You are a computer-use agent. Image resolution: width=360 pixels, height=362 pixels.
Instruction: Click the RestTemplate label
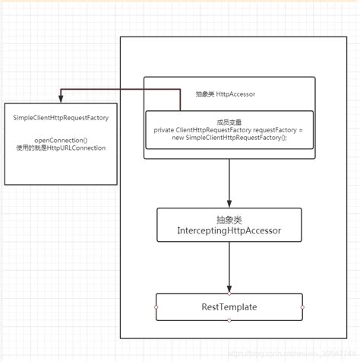click(229, 306)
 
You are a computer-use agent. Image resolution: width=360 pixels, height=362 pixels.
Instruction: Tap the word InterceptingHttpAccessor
click(229, 230)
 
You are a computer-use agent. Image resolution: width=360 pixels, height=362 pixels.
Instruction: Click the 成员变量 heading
click(229, 121)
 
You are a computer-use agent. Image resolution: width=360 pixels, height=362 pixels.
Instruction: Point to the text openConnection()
click(60, 139)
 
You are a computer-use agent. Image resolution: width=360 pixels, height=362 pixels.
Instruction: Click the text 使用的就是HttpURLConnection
click(60, 148)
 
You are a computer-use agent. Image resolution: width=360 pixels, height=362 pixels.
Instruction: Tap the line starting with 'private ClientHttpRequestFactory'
click(228, 130)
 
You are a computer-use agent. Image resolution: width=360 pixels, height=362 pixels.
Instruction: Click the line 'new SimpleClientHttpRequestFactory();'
click(229, 138)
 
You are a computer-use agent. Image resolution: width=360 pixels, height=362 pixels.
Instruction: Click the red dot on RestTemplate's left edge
click(156, 306)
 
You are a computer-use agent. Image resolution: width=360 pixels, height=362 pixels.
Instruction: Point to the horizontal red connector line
click(122, 89)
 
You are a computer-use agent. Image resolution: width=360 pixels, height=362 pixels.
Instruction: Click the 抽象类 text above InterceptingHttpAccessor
click(229, 219)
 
